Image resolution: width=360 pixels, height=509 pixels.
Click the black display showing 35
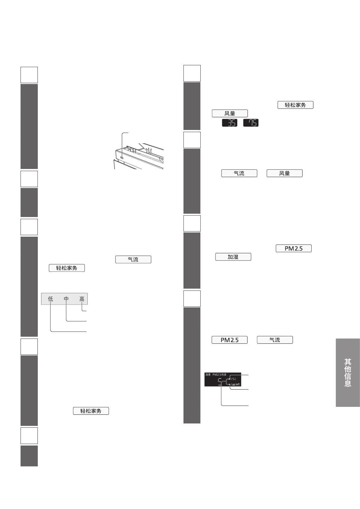click(x=230, y=123)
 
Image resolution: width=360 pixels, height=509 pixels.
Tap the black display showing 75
click(x=251, y=123)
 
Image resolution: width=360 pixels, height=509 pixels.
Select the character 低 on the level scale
click(x=50, y=299)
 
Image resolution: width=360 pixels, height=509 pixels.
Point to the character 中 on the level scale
click(x=66, y=299)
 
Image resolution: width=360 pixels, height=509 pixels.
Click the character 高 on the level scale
click(x=82, y=299)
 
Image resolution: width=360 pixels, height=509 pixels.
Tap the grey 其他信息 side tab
click(x=348, y=372)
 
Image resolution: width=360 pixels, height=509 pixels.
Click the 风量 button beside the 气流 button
click(x=284, y=173)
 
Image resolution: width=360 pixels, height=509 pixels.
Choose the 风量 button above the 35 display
click(x=230, y=113)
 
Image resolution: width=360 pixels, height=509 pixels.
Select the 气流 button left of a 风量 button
click(x=239, y=173)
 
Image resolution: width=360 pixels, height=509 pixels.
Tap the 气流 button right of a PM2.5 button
click(x=275, y=340)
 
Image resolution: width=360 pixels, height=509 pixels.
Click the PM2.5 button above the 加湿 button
click(x=294, y=248)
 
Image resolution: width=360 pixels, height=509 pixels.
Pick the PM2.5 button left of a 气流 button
click(x=229, y=340)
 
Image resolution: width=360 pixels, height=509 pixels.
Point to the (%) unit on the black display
click(x=233, y=379)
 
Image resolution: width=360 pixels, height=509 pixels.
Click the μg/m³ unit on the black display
click(x=235, y=384)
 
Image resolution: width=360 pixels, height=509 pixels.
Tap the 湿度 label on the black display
click(x=208, y=374)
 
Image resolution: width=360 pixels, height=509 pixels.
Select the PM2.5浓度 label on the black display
click(x=219, y=374)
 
